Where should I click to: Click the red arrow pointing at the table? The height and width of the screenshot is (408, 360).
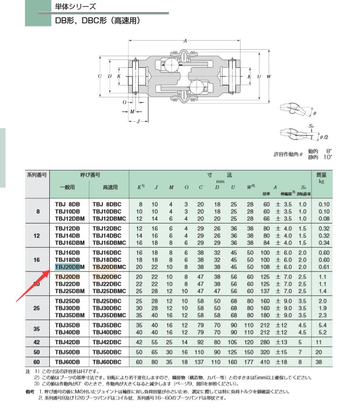(33, 285)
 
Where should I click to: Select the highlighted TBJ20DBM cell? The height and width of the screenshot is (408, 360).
(67, 267)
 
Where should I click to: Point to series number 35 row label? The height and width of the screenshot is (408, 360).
(38, 329)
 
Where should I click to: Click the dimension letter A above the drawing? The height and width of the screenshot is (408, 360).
(185, 41)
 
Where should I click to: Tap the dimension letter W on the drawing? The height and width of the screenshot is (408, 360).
(269, 76)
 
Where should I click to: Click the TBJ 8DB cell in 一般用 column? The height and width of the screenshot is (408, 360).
(67, 204)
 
